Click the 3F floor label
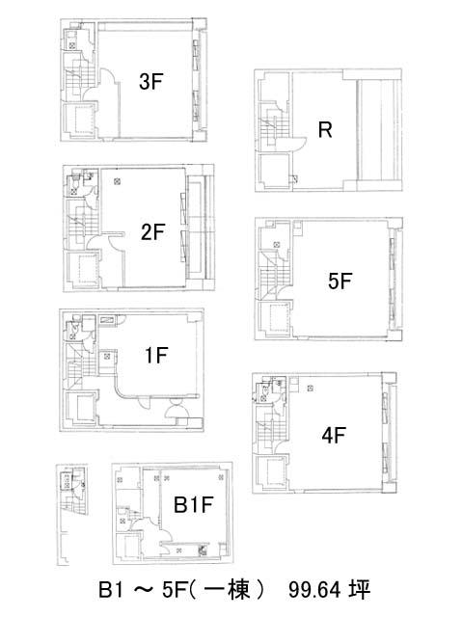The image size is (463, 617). pos(150,82)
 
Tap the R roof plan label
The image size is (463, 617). pos(325,130)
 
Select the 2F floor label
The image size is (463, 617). pos(152,231)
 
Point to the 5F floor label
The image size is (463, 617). pos(340,281)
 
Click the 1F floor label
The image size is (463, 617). pos(156,356)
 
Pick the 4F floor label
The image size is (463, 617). pos(334,436)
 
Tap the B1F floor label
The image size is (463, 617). pos(194,504)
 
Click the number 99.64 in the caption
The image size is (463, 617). pos(313,590)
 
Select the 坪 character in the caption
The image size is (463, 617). pos(360,590)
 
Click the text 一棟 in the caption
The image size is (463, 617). pos(228,590)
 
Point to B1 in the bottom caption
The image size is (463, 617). pos(111,590)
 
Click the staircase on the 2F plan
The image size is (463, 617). pos(82,225)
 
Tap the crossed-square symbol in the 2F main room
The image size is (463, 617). pos(117,181)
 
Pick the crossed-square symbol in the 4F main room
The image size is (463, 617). pos(311,389)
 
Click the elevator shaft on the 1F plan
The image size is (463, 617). pos(81,409)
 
